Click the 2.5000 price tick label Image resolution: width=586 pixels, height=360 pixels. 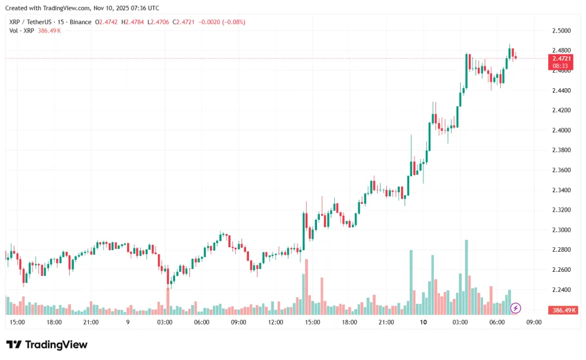[x=561, y=30]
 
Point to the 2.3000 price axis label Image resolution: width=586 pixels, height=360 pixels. [x=561, y=230]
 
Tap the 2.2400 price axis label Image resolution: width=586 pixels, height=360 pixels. [x=561, y=290]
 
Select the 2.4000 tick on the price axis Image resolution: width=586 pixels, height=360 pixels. [x=561, y=130]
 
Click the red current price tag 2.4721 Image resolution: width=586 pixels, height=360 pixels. [x=561, y=58]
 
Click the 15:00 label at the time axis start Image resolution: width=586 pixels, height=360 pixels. [x=17, y=322]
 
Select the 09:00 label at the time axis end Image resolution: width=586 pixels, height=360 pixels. [x=533, y=322]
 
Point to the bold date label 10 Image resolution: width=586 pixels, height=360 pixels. [x=423, y=322]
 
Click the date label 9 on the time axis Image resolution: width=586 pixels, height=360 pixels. [x=128, y=322]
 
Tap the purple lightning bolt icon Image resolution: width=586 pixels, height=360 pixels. [x=516, y=308]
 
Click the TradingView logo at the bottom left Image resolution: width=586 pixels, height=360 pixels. [x=47, y=345]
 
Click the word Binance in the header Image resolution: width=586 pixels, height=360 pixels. [x=80, y=22]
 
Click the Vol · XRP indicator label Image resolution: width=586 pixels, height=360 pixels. [x=21, y=30]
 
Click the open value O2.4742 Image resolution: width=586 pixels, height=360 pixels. [x=108, y=22]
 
